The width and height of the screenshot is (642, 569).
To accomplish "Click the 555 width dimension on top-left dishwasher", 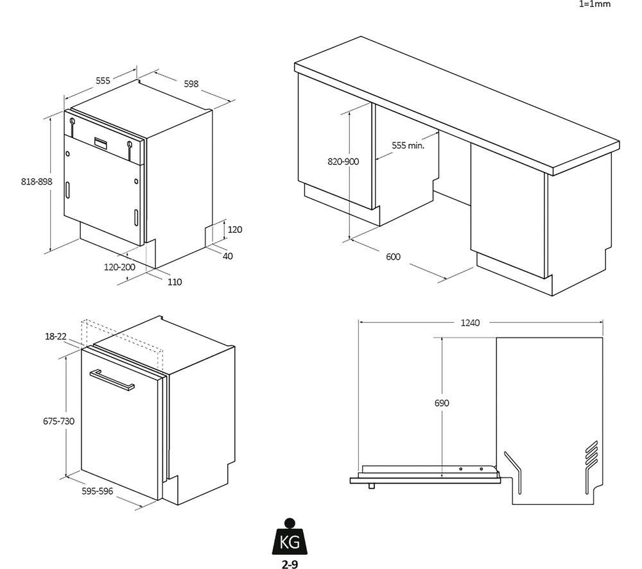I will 103,81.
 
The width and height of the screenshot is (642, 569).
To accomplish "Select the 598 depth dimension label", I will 191,83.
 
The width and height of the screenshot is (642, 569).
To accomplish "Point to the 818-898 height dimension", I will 36,182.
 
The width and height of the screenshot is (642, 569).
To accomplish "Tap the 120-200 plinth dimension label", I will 119,267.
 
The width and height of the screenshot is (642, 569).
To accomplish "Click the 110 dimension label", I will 174,282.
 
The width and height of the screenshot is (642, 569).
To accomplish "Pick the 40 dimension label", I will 228,256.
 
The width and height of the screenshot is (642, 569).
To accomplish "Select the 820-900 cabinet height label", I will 343,162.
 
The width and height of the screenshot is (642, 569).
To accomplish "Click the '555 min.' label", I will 408,146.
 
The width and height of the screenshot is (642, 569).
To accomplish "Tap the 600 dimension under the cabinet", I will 393,257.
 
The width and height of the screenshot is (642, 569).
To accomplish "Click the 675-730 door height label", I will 58,421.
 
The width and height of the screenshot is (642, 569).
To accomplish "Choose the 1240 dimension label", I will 470,323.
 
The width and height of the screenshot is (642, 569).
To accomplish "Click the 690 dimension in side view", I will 441,403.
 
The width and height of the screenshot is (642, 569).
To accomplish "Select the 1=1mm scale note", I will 595,4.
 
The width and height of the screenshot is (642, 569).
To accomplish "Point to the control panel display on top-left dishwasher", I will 102,142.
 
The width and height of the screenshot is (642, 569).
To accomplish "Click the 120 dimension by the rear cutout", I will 235,229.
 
